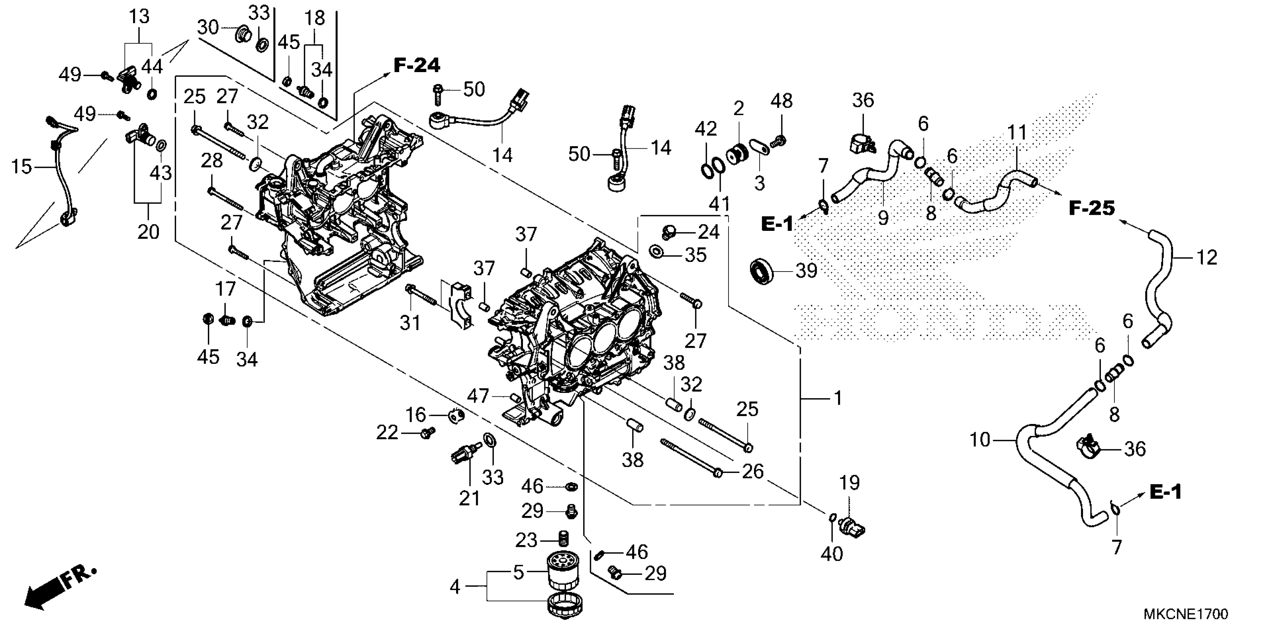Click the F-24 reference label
[417, 65]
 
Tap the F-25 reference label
[1092, 208]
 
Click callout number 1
[837, 397]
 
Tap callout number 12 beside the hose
[1207, 258]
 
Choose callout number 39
[806, 271]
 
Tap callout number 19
[850, 483]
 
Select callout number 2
[738, 108]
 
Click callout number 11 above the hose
[1017, 132]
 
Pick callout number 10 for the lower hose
[980, 439]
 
